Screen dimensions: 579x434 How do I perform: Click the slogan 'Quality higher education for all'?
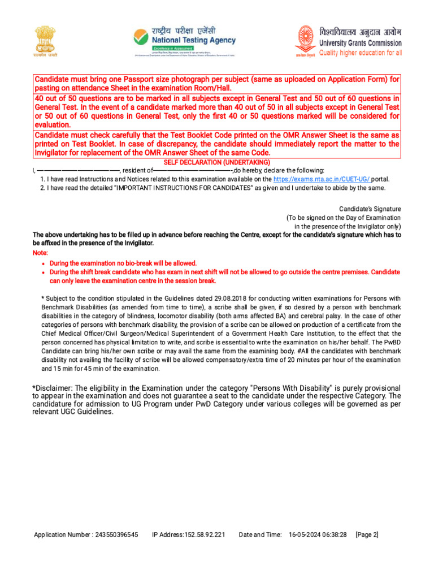361,53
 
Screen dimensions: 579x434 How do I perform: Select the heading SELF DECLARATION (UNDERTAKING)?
217,162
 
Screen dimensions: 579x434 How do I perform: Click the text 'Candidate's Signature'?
370,209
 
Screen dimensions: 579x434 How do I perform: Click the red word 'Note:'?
41,253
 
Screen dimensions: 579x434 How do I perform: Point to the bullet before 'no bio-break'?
44,263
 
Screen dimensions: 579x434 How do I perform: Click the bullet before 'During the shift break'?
44,273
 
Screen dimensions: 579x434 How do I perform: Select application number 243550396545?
116,534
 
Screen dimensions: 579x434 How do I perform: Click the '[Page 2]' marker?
367,534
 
